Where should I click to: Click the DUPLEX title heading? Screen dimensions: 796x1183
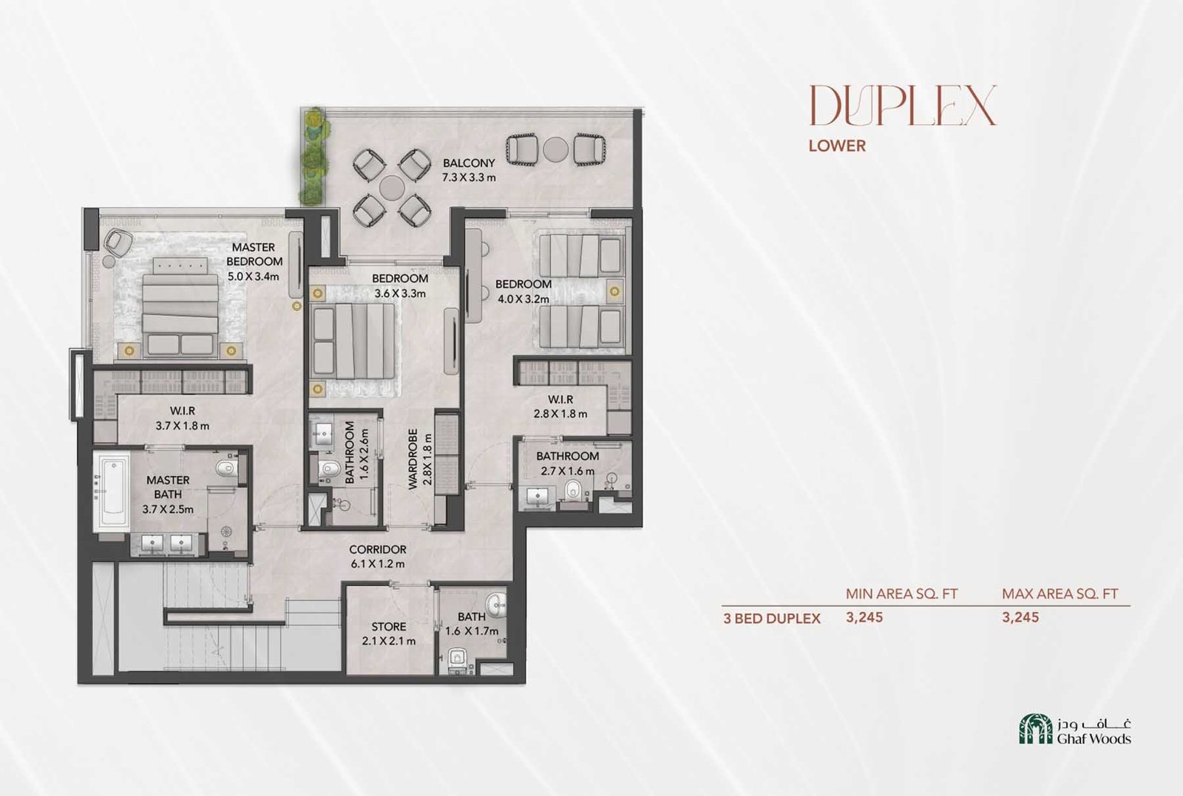[903, 105]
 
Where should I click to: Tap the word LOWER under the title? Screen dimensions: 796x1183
[837, 146]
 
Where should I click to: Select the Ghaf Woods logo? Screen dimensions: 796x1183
[1076, 729]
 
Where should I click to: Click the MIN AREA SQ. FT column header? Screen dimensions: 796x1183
[901, 593]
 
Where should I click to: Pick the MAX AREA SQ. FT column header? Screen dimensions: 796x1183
[1060, 593]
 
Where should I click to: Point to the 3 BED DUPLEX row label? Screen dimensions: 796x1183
[772, 619]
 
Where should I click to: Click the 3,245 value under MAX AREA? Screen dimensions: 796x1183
[1020, 617]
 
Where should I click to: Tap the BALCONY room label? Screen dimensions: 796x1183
[469, 163]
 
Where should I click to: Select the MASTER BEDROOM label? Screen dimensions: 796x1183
[254, 254]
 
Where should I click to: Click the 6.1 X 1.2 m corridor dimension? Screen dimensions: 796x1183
[378, 564]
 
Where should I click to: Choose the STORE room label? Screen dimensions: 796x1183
[389, 627]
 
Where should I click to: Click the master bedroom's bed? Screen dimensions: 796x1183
[180, 306]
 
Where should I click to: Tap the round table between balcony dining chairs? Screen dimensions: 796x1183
[392, 188]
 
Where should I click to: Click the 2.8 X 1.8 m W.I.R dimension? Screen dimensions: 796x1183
[560, 414]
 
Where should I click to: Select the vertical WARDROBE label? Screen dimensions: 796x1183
[413, 459]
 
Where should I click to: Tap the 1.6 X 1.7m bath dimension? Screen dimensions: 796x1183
[472, 631]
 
